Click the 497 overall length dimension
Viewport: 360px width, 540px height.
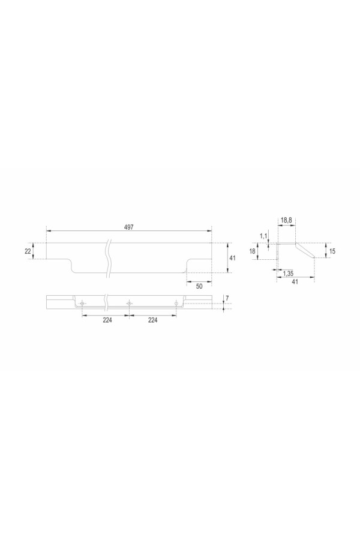[x=129, y=227]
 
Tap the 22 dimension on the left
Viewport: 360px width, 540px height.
[x=28, y=251]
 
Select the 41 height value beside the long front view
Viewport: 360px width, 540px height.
[x=233, y=257]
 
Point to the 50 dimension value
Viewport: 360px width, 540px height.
[x=199, y=286]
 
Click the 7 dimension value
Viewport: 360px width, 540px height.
[x=227, y=298]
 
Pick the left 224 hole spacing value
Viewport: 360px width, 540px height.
[x=107, y=320]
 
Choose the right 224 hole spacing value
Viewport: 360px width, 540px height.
[x=152, y=320]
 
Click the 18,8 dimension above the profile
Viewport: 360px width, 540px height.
[x=286, y=220]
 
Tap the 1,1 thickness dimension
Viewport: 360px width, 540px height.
[x=263, y=236]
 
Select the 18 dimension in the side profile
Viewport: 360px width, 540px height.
[x=252, y=251]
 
